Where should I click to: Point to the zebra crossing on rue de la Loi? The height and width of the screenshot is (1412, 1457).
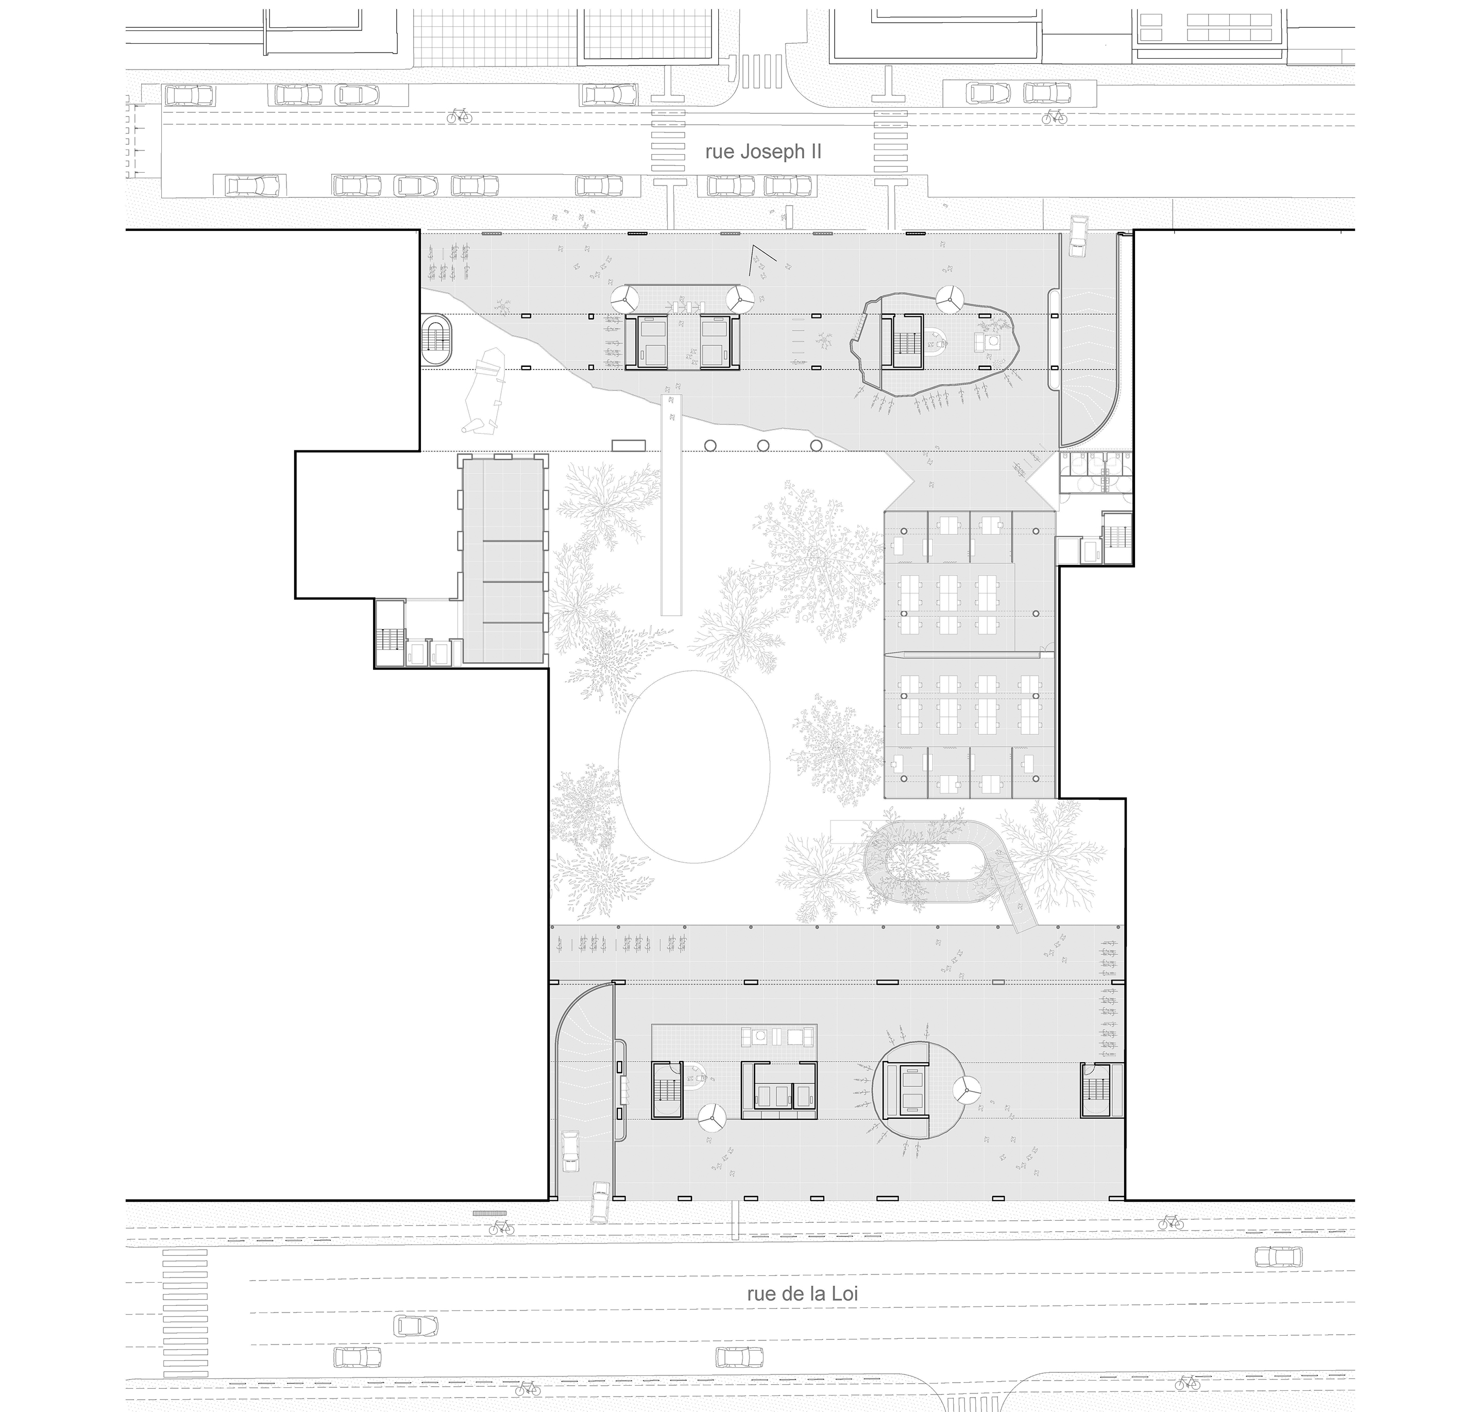pos(185,1313)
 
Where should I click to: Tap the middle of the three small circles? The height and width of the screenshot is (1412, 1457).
pos(763,445)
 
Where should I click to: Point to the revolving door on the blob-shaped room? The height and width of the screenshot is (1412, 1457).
pos(948,300)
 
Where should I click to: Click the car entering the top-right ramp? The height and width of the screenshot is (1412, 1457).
pos(1077,237)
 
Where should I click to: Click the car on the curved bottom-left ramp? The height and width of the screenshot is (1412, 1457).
pos(570,1152)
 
